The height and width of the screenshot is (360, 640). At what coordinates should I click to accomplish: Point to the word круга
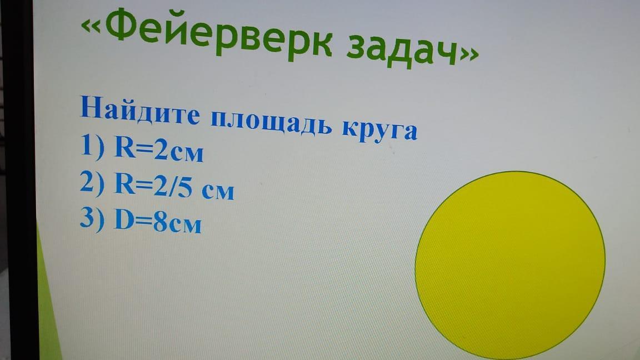(x=379, y=129)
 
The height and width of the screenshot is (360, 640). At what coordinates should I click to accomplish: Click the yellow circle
(x=510, y=266)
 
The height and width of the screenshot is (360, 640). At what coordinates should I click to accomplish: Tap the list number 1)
(x=92, y=146)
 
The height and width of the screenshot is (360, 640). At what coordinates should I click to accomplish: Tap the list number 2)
(x=92, y=183)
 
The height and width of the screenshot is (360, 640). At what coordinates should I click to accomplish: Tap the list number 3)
(x=92, y=219)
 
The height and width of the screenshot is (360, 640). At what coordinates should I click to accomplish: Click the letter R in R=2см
(x=124, y=147)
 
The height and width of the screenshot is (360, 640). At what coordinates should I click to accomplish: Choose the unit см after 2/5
(x=218, y=192)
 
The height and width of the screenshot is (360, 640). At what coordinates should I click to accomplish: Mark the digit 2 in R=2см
(x=161, y=149)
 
